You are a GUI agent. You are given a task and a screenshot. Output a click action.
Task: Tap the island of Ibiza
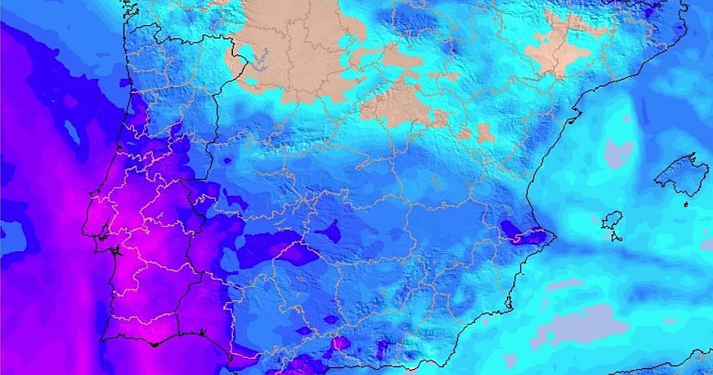(611, 221)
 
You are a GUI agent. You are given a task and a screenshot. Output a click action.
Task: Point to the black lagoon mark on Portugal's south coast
(154, 344)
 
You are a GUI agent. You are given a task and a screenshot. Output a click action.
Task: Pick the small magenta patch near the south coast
(341, 342)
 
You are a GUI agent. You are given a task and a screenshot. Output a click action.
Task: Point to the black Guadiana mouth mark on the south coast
(203, 332)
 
